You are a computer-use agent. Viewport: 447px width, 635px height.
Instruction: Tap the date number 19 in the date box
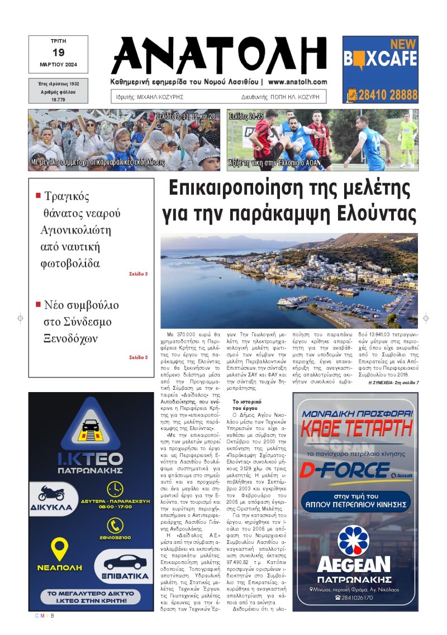tap(58, 52)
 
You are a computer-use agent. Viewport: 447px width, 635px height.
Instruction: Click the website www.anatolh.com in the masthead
tap(297, 82)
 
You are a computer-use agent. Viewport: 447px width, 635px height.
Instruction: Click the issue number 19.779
tap(58, 99)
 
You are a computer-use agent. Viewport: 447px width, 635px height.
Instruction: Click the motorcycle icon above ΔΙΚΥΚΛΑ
tap(52, 494)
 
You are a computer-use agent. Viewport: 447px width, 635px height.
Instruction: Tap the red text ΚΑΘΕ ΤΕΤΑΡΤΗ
tap(355, 429)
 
